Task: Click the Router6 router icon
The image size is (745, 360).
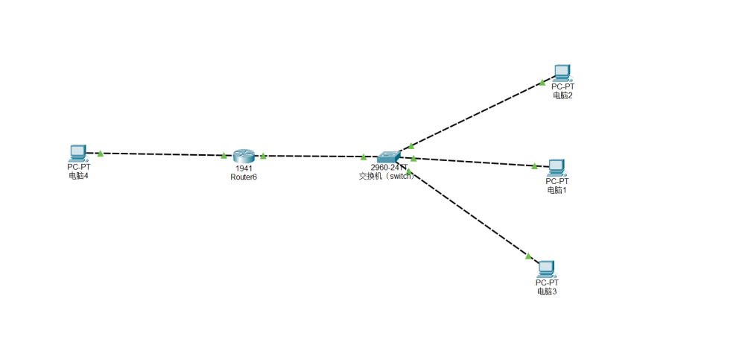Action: [x=244, y=155]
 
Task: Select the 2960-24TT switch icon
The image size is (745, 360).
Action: [x=388, y=157]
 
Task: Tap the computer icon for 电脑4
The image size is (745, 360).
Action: [x=77, y=153]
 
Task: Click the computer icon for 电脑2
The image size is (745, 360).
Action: [x=562, y=72]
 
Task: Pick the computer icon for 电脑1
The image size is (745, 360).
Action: [x=557, y=167]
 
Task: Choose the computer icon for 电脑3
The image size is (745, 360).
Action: [x=547, y=268]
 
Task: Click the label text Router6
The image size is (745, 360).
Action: [x=244, y=177]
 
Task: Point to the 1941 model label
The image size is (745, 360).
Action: [x=244, y=168]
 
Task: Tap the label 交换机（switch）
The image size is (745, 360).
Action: [x=386, y=176]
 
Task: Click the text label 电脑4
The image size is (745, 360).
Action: [x=78, y=175]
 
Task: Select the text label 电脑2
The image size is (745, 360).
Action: [x=562, y=95]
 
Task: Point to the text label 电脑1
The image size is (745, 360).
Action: [x=557, y=190]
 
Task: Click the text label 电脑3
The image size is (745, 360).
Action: [x=547, y=291]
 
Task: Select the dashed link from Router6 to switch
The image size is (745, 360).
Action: [x=313, y=157]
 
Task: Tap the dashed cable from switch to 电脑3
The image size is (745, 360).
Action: [x=469, y=216]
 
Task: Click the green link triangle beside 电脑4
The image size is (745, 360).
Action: [x=100, y=153]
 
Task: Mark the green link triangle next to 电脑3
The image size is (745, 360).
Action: [x=528, y=256]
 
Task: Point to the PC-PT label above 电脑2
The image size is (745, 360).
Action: [x=562, y=86]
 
